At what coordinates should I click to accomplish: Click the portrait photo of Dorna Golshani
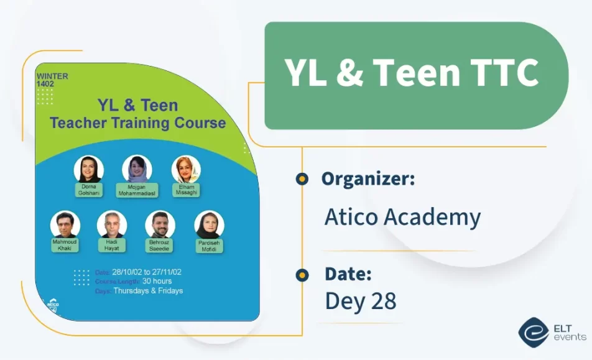point(88,168)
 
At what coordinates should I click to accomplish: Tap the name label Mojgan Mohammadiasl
point(137,190)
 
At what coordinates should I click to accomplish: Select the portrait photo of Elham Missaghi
point(186,168)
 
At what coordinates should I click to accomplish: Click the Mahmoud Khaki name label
point(65,244)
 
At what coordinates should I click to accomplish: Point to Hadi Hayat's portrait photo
point(112,224)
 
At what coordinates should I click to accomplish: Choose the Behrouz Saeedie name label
point(160,245)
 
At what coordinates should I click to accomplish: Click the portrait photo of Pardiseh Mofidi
point(209,224)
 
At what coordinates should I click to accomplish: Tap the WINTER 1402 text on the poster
point(52,80)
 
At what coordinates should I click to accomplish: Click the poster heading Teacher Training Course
point(137,122)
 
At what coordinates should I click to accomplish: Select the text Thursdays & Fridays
point(148,290)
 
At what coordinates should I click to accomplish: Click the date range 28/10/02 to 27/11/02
point(147,272)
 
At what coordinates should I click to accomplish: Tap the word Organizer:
point(368,179)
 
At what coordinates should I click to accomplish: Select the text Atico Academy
point(402,217)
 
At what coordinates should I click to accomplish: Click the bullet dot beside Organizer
point(302,179)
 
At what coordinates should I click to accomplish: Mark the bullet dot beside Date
point(302,274)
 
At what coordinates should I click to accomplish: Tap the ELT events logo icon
point(533,332)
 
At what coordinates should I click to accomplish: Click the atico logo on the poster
point(53,306)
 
